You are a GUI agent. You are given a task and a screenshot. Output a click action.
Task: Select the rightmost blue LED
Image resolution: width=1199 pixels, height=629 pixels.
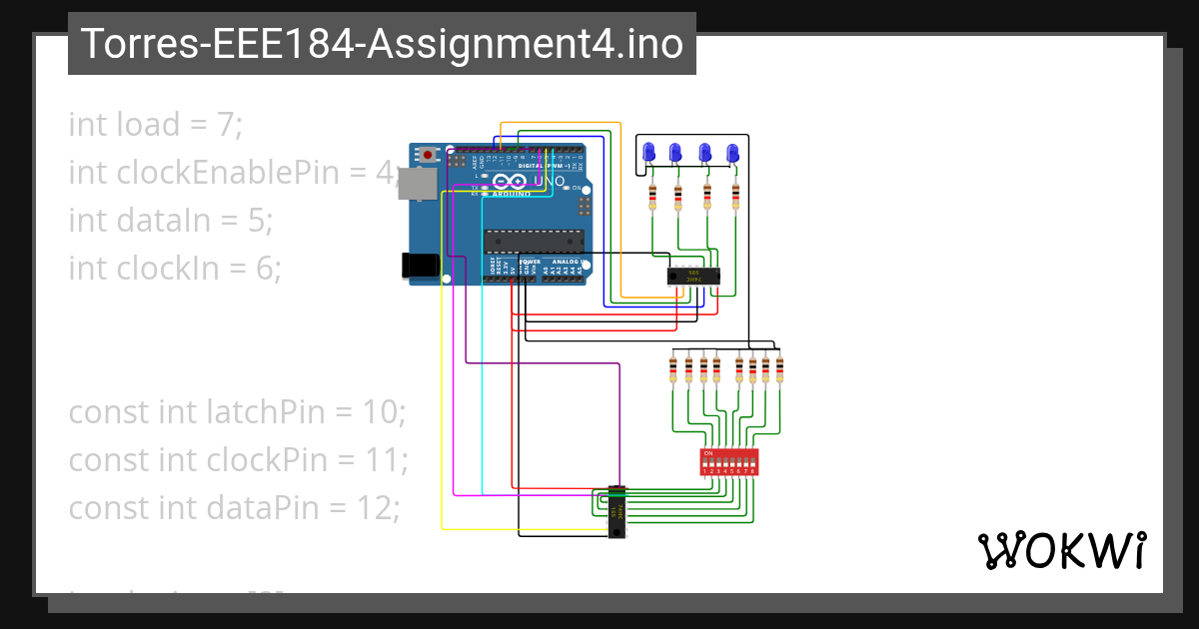pyautogui.click(x=732, y=153)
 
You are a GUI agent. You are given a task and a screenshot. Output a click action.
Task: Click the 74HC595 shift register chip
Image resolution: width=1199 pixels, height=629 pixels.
pyautogui.click(x=694, y=276)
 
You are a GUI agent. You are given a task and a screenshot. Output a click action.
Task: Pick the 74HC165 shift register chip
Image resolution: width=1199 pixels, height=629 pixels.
pyautogui.click(x=617, y=512)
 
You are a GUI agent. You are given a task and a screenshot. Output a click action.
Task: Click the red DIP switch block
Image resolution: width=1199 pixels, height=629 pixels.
pyautogui.click(x=730, y=461)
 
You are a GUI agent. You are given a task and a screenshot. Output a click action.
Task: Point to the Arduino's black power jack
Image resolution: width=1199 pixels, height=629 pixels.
pyautogui.click(x=414, y=265)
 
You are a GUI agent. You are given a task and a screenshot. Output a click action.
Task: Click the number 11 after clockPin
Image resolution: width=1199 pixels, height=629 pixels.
pyautogui.click(x=390, y=460)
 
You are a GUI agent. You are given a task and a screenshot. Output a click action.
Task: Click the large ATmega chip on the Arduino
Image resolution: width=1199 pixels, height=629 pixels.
pyautogui.click(x=534, y=241)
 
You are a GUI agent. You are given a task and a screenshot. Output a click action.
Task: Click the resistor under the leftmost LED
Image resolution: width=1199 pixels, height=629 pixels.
pyautogui.click(x=652, y=198)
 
